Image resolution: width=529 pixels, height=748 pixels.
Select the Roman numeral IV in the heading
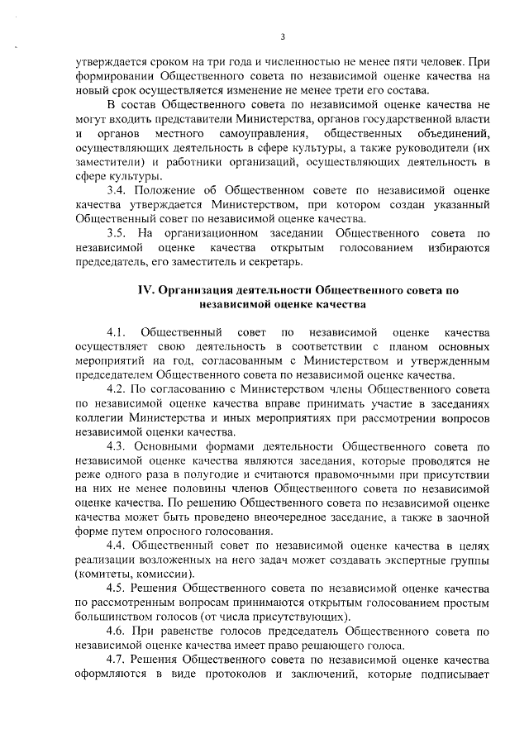[x=145, y=290]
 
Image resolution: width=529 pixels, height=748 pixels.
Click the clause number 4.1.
[x=120, y=331]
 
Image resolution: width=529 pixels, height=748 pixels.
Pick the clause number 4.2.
[x=119, y=387]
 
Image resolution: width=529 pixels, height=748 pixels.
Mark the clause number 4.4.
[x=120, y=546]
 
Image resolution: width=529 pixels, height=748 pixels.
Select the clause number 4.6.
[x=119, y=630]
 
